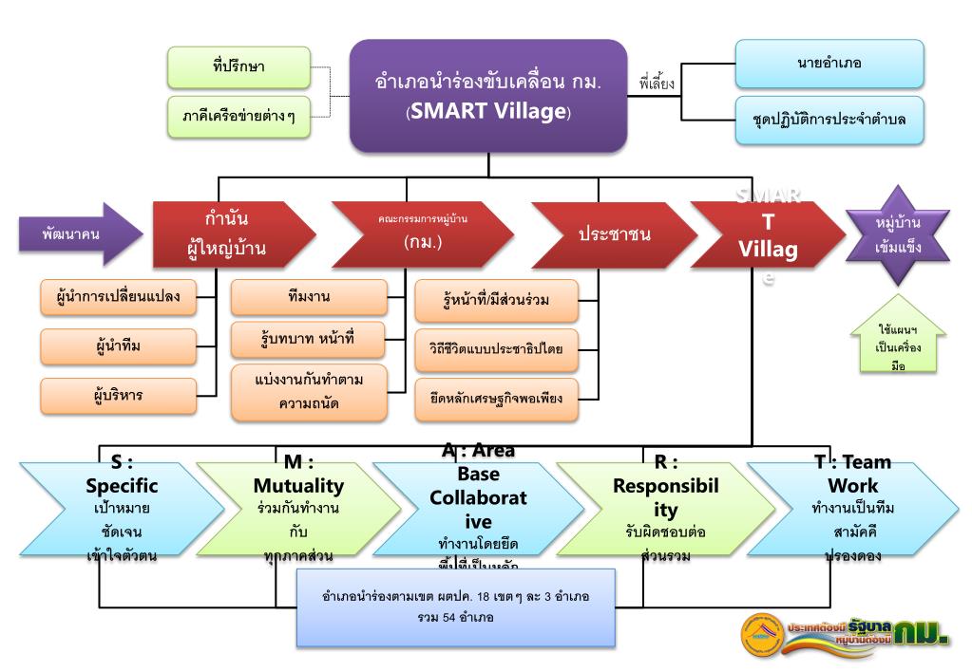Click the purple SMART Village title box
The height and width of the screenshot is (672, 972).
click(488, 96)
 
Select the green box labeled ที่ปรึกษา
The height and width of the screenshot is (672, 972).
click(238, 67)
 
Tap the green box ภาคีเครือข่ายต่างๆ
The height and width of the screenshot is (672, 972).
click(238, 117)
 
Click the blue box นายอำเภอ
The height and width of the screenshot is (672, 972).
click(829, 64)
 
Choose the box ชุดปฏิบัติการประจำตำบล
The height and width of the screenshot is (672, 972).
click(829, 120)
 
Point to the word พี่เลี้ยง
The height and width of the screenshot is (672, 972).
click(657, 84)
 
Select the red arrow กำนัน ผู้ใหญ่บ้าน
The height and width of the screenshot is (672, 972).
click(229, 233)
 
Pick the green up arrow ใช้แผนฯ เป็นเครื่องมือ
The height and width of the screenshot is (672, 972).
click(898, 344)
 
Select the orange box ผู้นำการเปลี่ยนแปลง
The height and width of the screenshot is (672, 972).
click(119, 297)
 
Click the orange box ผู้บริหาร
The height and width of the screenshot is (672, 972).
click(119, 395)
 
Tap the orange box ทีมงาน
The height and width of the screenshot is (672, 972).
click(309, 297)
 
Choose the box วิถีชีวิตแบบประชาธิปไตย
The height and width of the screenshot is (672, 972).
click(495, 348)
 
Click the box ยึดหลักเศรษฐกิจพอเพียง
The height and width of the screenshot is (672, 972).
click(495, 398)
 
